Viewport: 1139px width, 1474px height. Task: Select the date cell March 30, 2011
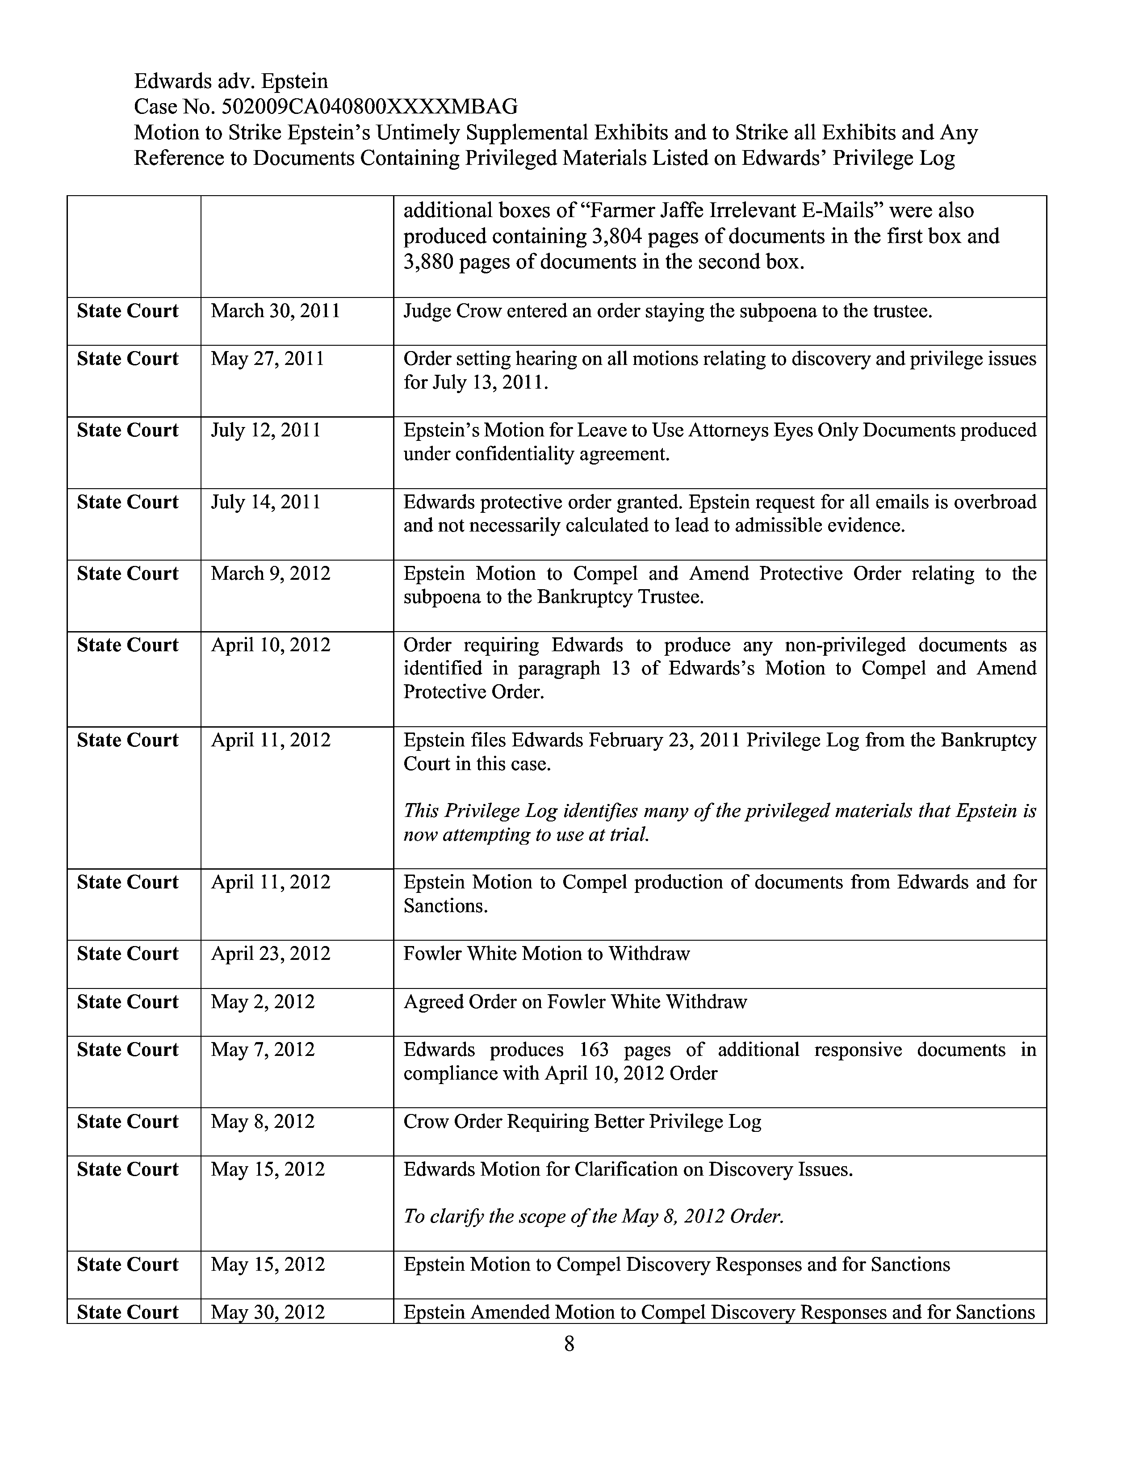point(275,311)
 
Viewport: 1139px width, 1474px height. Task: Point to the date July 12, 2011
point(265,431)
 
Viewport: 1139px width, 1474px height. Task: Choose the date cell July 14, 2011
point(265,502)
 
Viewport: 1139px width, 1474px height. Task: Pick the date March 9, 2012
point(271,574)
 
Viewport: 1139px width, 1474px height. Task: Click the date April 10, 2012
point(271,645)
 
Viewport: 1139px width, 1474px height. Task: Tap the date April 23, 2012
point(271,954)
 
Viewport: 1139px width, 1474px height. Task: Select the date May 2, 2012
point(263,1001)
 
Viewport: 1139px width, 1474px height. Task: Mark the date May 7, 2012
point(263,1050)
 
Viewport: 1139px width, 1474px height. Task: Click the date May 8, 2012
point(263,1121)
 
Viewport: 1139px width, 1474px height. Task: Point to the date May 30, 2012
point(268,1312)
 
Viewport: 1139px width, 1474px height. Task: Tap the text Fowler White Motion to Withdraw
point(547,954)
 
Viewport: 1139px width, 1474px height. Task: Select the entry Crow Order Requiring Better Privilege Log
point(582,1121)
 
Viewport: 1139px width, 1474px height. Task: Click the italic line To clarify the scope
point(594,1216)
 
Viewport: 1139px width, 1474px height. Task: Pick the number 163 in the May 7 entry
point(594,1050)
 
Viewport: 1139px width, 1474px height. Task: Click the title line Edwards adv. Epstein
point(231,81)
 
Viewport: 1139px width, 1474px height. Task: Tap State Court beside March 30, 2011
point(128,311)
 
